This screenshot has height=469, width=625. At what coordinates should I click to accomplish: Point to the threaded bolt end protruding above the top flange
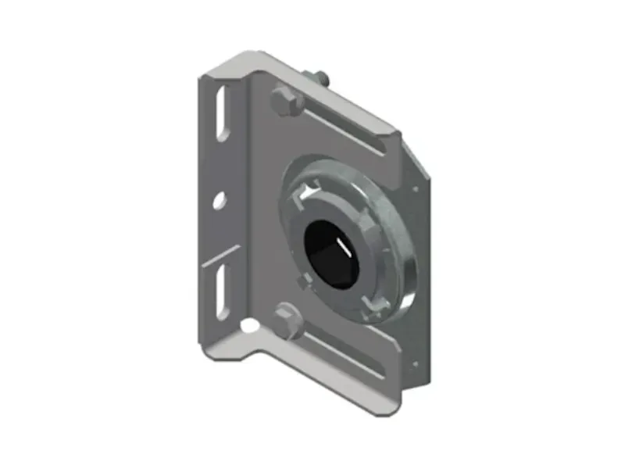(321, 78)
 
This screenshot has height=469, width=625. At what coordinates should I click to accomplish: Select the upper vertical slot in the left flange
(223, 113)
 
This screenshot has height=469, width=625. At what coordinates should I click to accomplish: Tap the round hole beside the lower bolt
(248, 322)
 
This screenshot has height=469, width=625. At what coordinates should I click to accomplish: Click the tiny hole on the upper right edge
(415, 188)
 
